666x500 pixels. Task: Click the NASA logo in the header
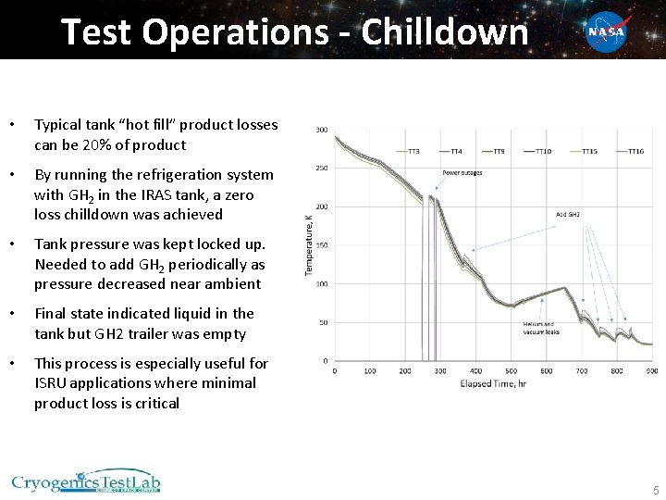607,32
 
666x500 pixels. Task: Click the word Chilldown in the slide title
445,32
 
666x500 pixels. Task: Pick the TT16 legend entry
635,151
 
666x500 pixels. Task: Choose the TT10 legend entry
543,151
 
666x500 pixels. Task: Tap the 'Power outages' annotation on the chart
462,173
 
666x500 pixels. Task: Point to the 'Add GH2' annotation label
568,214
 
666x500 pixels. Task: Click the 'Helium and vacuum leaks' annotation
540,328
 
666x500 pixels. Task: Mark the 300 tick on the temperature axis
322,130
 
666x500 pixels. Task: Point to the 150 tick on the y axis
322,245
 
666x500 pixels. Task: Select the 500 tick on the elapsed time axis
512,371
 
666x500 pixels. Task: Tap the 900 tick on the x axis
652,371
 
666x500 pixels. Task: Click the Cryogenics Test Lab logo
86,481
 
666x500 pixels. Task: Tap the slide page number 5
655,490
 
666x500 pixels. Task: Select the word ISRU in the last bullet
52,382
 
